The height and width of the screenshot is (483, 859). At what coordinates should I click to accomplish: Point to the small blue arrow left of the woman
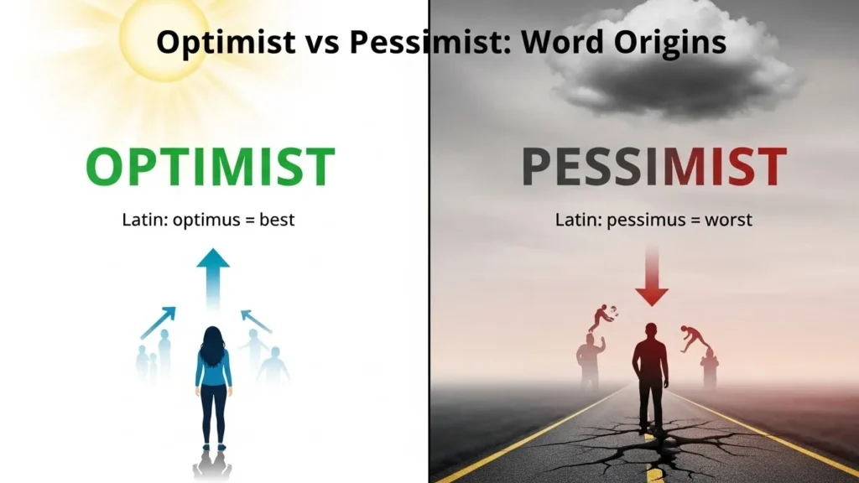(x=159, y=322)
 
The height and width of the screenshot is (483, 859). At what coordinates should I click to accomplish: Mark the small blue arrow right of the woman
(x=256, y=320)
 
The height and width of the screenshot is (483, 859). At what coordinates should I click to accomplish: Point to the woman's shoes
(x=212, y=447)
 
